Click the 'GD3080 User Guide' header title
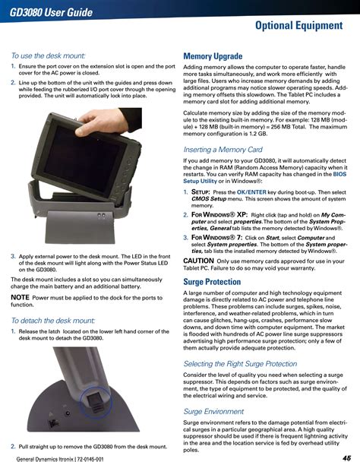click(x=51, y=12)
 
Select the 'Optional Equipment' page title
click(x=298, y=25)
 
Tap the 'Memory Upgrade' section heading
click(x=213, y=56)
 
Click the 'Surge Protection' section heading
click(x=212, y=282)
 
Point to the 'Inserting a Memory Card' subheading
click(x=223, y=150)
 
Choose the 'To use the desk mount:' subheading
click(x=49, y=55)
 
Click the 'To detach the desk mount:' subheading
click(x=53, y=320)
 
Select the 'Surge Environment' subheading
click(x=213, y=411)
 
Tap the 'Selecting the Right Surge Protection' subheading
click(x=240, y=363)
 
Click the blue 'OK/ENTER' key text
click(x=251, y=192)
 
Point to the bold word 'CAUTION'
click(x=198, y=261)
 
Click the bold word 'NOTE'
click(x=20, y=297)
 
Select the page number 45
click(x=347, y=457)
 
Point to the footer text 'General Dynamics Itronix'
click(x=45, y=459)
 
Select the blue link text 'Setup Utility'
click(x=200, y=181)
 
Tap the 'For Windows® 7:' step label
click(x=216, y=238)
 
